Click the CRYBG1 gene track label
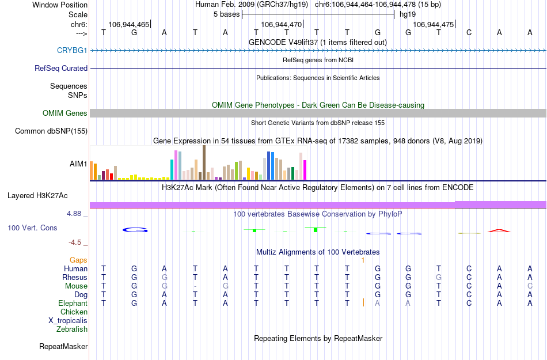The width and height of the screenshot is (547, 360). [x=72, y=50]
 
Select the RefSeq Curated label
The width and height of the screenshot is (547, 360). [x=61, y=68]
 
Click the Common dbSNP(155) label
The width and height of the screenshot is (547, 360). [x=51, y=131]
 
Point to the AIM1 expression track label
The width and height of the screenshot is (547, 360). [x=78, y=164]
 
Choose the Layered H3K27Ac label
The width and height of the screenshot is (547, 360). [x=47, y=195]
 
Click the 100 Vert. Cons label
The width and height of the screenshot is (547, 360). [x=32, y=228]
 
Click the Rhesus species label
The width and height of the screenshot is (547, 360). [x=75, y=278]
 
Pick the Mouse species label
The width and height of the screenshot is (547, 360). [x=76, y=286]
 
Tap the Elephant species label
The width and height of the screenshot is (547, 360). [x=73, y=304]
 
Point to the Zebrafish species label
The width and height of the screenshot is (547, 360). [x=72, y=329]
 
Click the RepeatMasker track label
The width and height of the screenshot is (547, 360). [x=63, y=347]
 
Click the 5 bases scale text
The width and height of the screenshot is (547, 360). [x=224, y=14]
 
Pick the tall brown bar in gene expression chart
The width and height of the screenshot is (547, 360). [x=204, y=162]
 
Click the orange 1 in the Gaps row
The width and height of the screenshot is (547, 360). [x=363, y=260]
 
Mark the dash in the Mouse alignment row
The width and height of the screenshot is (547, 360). [x=196, y=286]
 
